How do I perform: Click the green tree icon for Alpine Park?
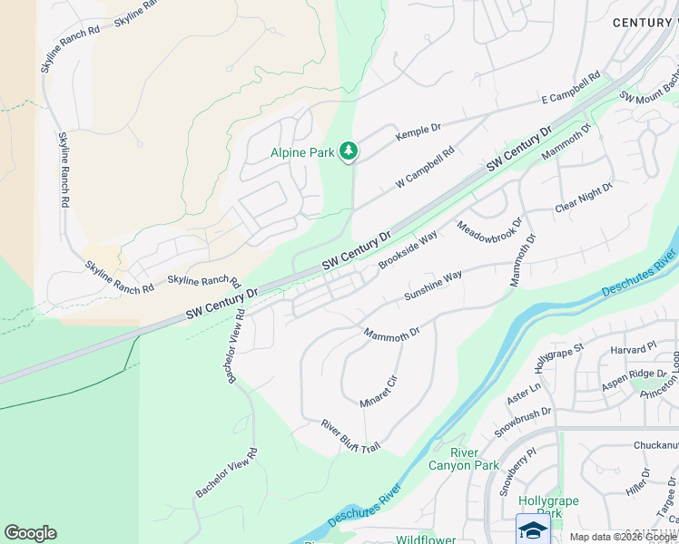pos(348,151)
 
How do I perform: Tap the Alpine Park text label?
pos(302,153)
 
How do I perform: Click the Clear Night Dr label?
pos(585,198)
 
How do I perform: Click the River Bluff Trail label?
pos(350,437)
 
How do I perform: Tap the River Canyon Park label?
pos(475,459)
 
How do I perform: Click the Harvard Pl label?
pos(633,348)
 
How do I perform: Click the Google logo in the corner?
pos(30,533)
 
